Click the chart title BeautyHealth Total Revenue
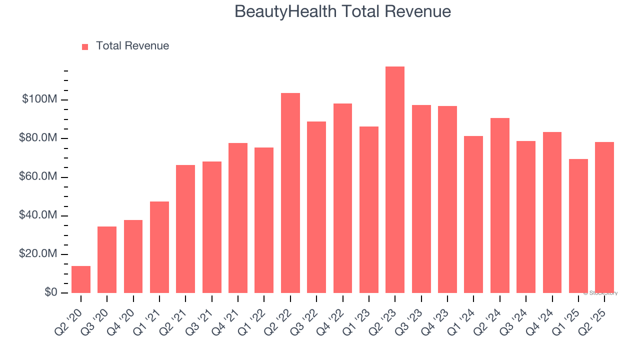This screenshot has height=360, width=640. click(342, 11)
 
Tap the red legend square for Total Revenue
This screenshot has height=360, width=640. click(85, 46)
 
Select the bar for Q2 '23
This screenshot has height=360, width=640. click(395, 179)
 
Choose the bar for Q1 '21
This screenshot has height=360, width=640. click(159, 247)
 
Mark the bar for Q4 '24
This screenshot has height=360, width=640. click(552, 212)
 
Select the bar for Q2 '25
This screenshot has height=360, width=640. click(604, 217)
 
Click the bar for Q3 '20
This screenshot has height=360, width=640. click(107, 259)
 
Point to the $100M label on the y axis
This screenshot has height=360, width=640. click(39, 99)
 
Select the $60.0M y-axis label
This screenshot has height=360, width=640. click(38, 177)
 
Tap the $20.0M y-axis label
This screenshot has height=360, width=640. click(38, 254)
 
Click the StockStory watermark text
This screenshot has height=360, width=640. click(600, 293)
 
